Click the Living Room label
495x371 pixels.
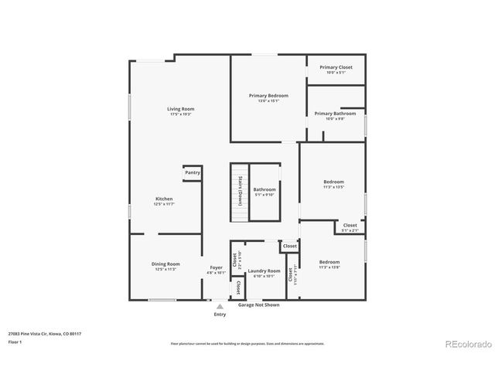coord(181,109)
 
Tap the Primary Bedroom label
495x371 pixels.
coord(264,95)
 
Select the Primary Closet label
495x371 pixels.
coord(336,67)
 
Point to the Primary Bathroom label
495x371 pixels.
coord(335,114)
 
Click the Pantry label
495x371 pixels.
coord(193,172)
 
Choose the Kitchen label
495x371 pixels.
coord(164,199)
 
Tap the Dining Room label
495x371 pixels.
coord(166,264)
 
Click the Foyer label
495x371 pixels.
coord(217,267)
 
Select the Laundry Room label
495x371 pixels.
coord(264,271)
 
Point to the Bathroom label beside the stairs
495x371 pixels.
coord(265,189)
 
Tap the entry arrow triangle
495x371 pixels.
coord(220,307)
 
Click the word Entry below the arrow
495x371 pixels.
coord(220,315)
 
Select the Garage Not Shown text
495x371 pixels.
coord(258,305)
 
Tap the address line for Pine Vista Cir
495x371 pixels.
coord(45,333)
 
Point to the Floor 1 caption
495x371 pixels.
coord(15,341)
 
